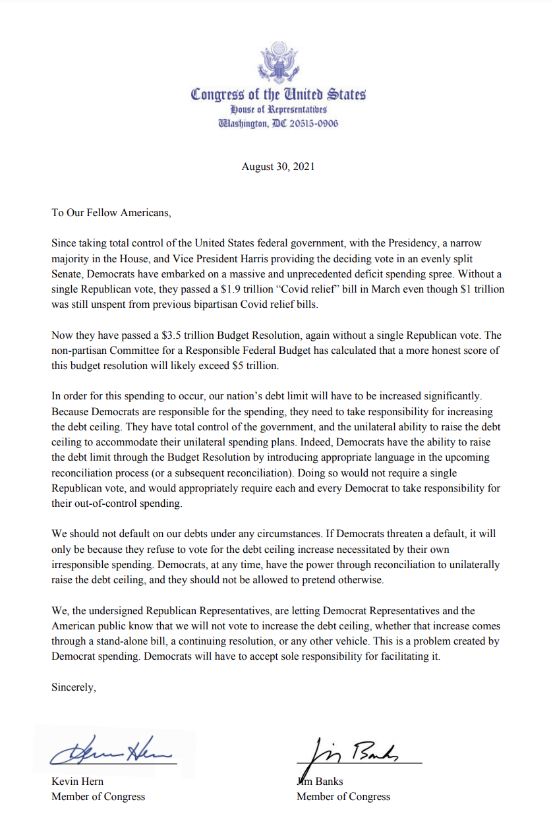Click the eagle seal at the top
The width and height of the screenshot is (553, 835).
277,63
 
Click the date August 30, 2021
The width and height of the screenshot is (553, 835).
277,167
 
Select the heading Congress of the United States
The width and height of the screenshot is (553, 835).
278,94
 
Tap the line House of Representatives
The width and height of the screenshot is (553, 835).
278,109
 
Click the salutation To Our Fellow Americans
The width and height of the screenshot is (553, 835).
111,213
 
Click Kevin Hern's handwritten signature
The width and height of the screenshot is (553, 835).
112,750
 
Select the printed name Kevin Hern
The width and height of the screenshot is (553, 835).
78,782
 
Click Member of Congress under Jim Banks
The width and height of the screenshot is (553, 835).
343,797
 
